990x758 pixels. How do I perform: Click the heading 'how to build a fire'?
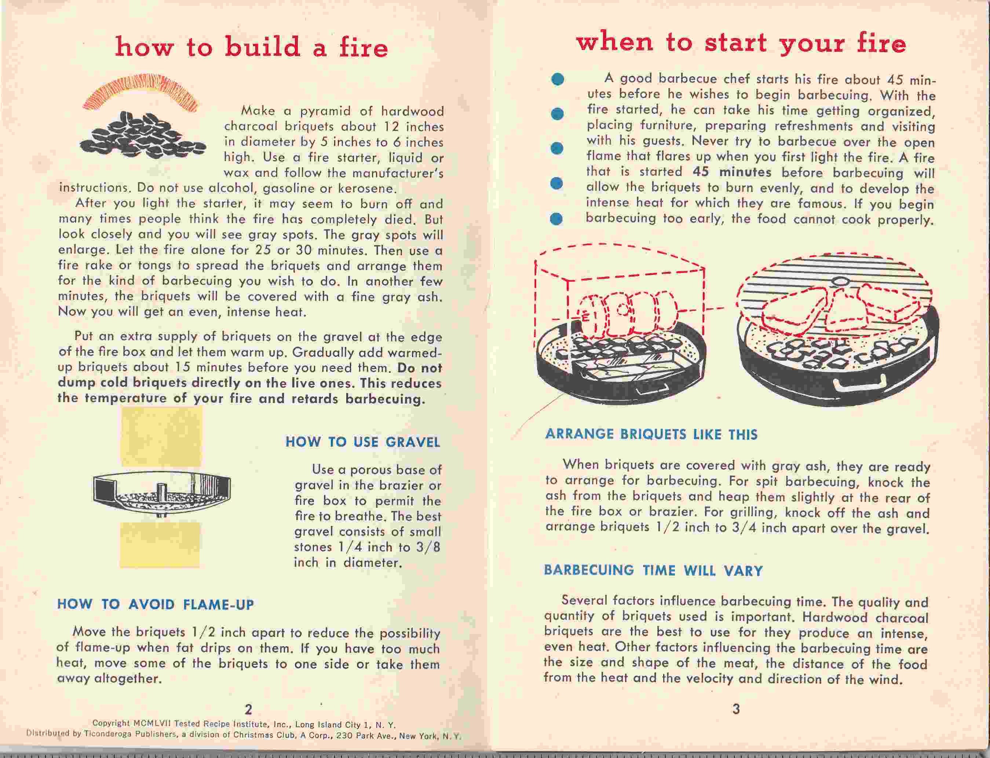251,47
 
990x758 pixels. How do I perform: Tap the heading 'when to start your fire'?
741,43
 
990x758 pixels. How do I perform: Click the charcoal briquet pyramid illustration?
142,136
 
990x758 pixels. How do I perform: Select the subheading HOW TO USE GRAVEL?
363,442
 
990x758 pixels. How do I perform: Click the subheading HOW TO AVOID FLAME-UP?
155,605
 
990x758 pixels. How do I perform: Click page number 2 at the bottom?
248,710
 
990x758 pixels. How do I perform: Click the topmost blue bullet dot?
558,79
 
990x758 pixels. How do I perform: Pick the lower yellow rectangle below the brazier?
160,544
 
